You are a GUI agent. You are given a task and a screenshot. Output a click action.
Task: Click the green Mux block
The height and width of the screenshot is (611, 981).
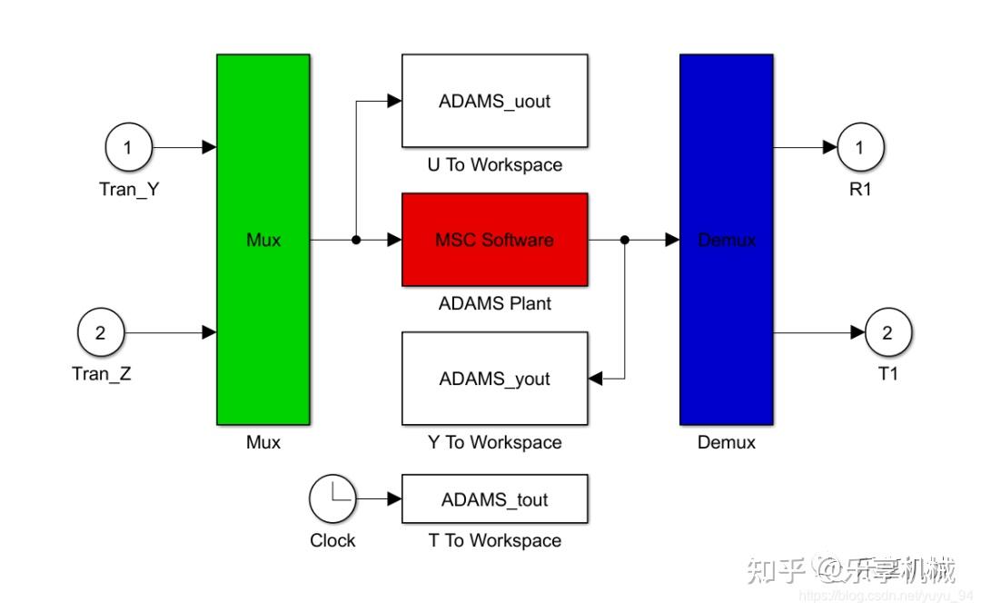pos(263,239)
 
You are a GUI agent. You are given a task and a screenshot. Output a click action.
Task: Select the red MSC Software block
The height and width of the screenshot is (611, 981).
pos(494,240)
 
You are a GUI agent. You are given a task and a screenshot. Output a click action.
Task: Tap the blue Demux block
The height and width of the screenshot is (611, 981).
pos(726,239)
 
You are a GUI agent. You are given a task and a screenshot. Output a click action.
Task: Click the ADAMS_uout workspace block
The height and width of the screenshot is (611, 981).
pos(494,101)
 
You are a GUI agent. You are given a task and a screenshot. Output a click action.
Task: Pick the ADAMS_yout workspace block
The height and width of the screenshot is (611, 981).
pos(494,378)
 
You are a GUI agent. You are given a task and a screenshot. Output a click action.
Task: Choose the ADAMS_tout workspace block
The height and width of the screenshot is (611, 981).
pos(494,499)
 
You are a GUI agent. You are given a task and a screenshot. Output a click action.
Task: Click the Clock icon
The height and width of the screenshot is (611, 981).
pos(332,498)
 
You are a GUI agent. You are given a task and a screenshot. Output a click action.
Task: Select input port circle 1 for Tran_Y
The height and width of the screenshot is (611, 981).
pos(128,147)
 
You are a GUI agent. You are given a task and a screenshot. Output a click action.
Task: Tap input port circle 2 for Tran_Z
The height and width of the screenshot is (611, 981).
pos(101,332)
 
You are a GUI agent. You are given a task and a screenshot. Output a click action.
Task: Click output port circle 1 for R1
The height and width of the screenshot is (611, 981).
pos(860,147)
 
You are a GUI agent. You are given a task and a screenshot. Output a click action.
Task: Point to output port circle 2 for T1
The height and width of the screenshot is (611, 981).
pos(887,332)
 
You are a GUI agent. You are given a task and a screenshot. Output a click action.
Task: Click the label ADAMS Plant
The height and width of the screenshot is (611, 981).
pos(494,303)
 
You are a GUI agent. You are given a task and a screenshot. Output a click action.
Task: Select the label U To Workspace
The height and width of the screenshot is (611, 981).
pos(494,165)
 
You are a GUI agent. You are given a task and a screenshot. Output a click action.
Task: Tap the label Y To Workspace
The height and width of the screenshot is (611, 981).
pos(494,442)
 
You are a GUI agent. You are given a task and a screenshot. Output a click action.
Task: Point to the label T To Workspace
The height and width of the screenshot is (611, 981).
pos(494,540)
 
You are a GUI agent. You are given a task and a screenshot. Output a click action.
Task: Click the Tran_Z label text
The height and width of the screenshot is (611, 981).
pos(102,372)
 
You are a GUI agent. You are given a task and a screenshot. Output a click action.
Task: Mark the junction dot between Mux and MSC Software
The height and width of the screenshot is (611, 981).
pos(356,240)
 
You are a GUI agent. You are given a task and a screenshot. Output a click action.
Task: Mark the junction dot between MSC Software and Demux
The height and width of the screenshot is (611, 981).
pos(624,240)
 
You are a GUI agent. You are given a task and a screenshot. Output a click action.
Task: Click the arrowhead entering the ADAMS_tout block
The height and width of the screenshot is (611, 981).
pos(394,498)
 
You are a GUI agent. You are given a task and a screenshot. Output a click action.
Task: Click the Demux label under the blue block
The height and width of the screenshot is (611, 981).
pos(726,442)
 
